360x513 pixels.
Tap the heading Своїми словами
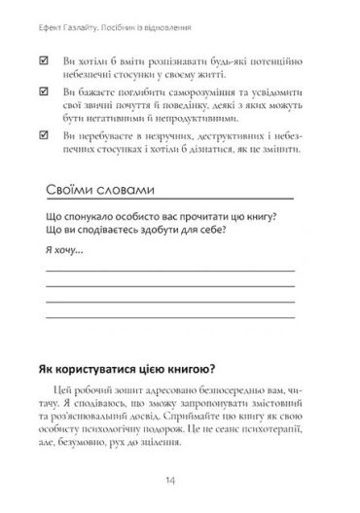[106, 191]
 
